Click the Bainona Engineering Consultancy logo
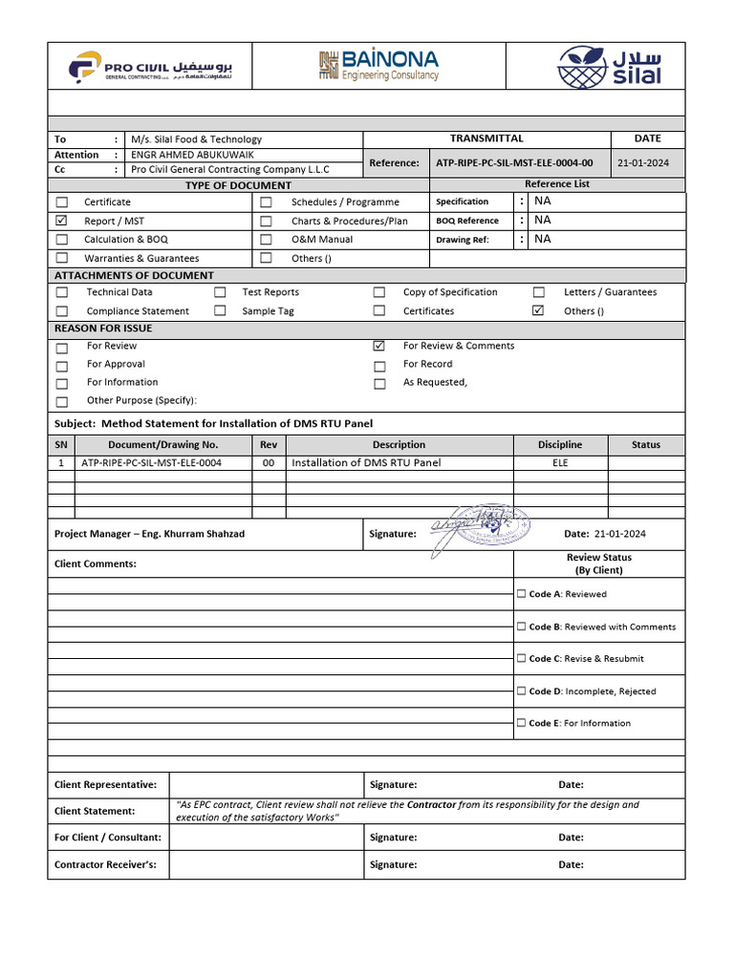378,65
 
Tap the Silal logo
609,66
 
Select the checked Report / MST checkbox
62,221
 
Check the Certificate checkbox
62,202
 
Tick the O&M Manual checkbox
266,240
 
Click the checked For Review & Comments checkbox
379,346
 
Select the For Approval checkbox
62,366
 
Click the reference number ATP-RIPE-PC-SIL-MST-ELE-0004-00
514,163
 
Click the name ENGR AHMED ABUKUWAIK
193,155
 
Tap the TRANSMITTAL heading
486,138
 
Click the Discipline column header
559,445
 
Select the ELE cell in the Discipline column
559,463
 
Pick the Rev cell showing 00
269,463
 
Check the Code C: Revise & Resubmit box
522,658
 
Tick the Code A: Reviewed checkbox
522,594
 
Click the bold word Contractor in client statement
431,805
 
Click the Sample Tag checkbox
221,311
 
